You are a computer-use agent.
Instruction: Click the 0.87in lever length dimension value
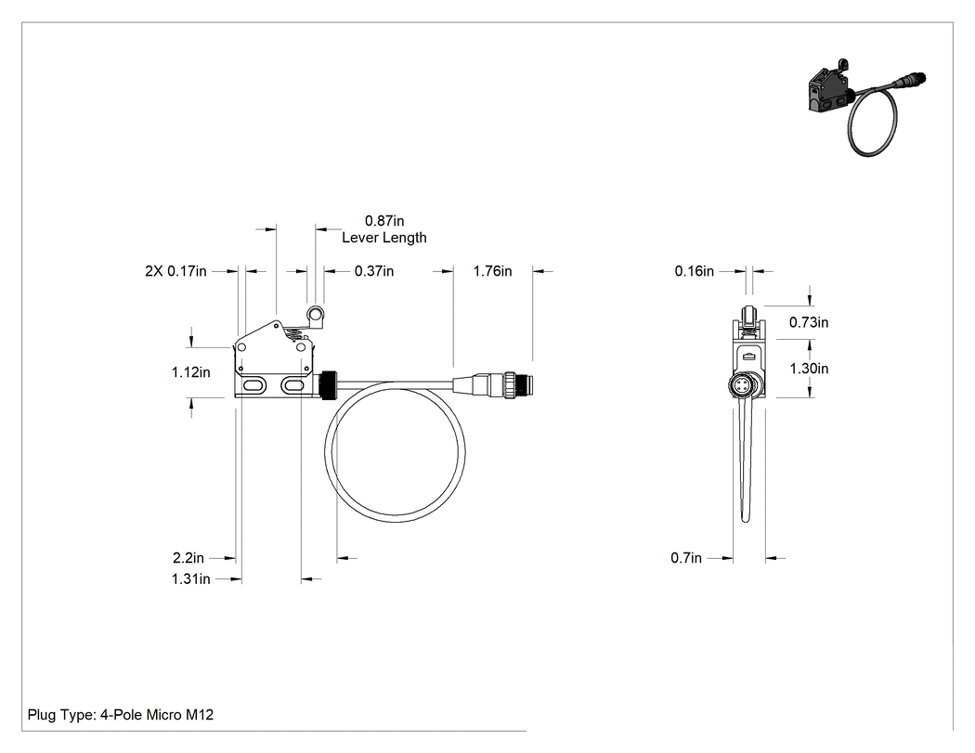[384, 221]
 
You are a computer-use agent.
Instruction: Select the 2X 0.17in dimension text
[176, 271]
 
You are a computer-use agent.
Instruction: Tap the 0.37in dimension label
[374, 271]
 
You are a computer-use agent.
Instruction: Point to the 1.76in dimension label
[492, 271]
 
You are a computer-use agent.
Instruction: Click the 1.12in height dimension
[191, 372]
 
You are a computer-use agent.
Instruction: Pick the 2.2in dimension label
[188, 558]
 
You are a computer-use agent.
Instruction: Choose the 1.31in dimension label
[191, 578]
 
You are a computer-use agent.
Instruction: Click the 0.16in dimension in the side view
[695, 271]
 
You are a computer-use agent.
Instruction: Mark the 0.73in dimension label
[809, 322]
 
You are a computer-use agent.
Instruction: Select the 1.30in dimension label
[809, 369]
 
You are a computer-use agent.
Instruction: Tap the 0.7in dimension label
[686, 558]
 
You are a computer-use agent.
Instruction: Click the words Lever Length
[384, 238]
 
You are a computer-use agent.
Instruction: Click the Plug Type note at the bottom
[121, 715]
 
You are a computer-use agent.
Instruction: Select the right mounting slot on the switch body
[292, 386]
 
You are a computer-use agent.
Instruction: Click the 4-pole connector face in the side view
[742, 385]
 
